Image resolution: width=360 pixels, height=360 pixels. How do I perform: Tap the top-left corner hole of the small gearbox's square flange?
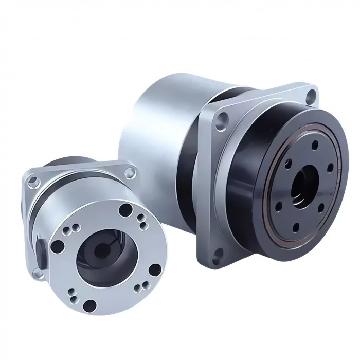click(x=33, y=181)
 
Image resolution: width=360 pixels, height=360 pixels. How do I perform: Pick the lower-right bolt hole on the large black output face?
click(x=322, y=207)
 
